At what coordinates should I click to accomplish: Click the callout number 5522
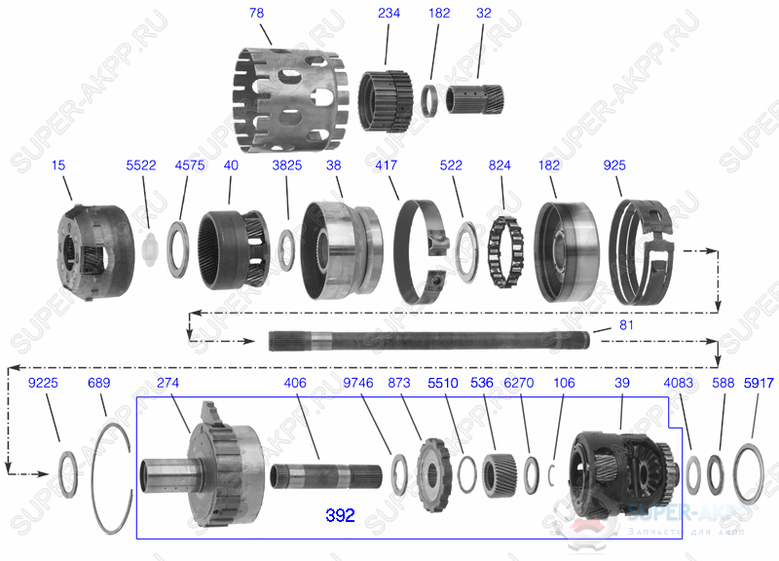click(141, 167)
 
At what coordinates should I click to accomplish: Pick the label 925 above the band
click(614, 167)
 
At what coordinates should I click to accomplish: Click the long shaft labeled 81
click(428, 341)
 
